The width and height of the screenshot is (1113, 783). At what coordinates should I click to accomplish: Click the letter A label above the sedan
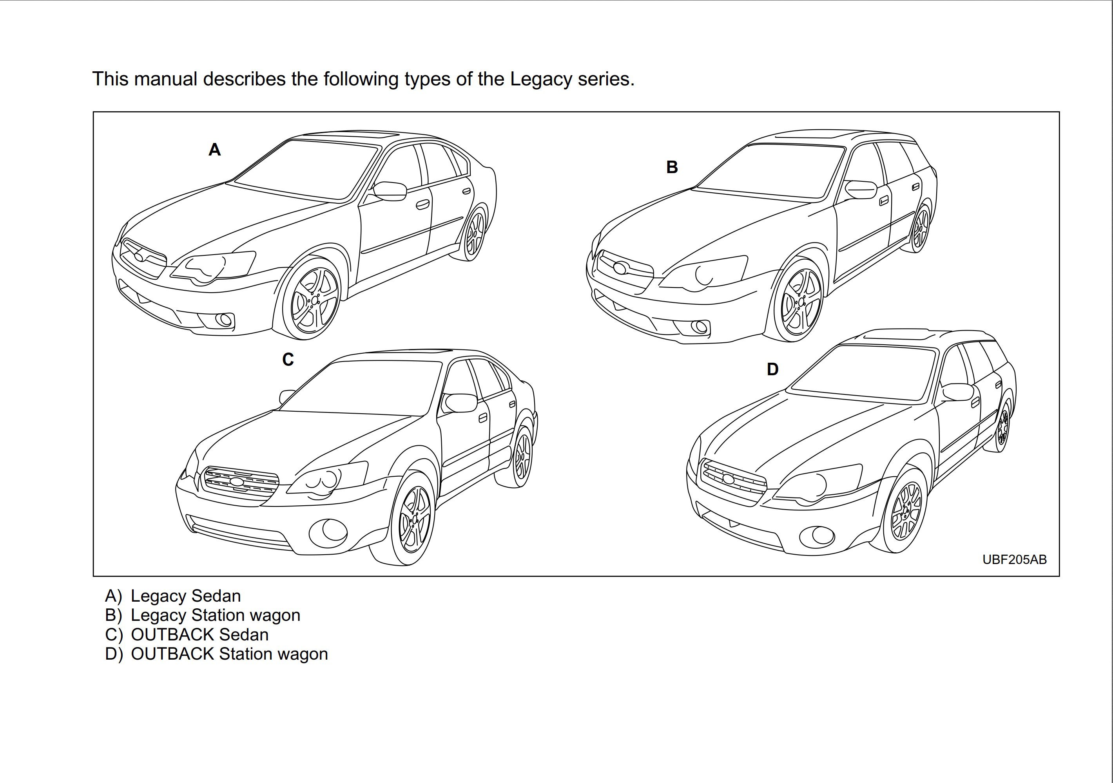point(214,150)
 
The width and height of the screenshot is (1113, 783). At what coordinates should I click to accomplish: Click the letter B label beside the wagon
point(671,167)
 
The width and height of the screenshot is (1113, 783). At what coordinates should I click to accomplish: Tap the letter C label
point(288,360)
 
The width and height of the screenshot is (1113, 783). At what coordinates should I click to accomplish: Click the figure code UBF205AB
point(1014,560)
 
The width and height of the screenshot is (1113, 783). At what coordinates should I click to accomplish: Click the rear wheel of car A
point(475,235)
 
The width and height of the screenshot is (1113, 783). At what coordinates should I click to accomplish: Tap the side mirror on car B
point(861,190)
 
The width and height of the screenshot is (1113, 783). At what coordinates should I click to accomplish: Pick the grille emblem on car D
point(728,479)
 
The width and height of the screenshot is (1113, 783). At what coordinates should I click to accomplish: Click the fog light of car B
point(700,327)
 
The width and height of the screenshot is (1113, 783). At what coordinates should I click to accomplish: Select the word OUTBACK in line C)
point(172,635)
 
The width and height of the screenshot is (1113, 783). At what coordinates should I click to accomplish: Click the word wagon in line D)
point(302,654)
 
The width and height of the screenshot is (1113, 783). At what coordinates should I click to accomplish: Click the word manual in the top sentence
point(165,79)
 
